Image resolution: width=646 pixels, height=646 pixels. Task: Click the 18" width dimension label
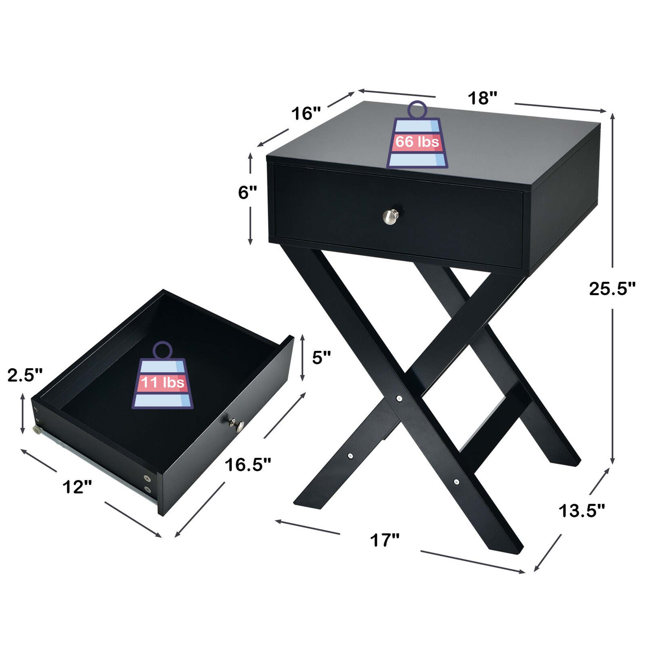[482, 98]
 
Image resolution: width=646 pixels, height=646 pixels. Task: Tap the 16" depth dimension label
[306, 114]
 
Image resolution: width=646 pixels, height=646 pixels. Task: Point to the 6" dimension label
[247, 193]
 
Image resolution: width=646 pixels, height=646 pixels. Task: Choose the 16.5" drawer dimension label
[248, 465]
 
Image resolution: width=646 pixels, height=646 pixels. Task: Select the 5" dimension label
[321, 358]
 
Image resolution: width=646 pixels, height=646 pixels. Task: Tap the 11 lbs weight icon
[162, 382]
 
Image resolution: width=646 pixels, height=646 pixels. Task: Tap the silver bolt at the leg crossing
[399, 398]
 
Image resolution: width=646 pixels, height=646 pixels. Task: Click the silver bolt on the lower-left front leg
[350, 456]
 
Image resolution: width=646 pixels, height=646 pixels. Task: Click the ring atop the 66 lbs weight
[417, 109]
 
